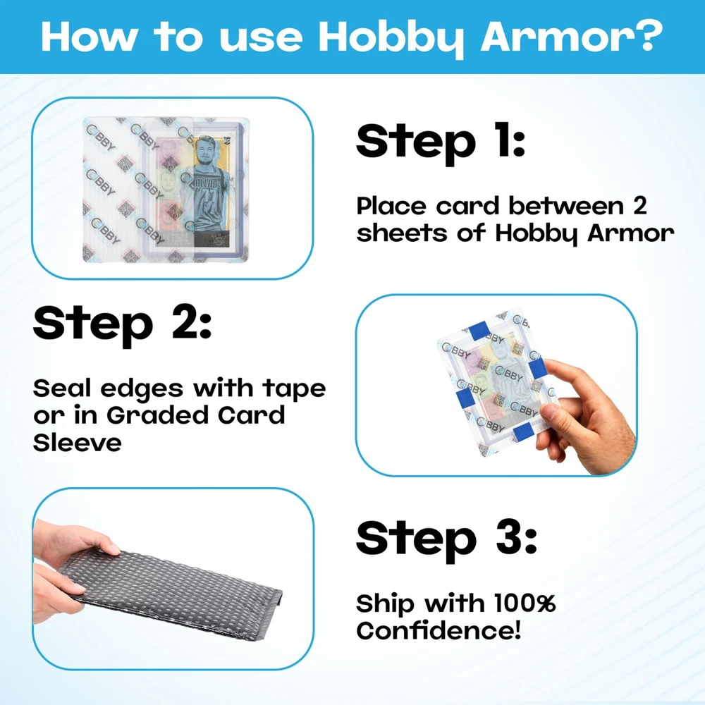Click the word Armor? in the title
coord(572,37)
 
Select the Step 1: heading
coord(441,142)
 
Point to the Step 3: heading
coord(446,539)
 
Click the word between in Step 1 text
coord(566,207)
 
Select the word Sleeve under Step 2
coord(78,443)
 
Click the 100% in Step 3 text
coord(525,603)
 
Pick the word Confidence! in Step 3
coord(439,630)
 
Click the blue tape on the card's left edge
coord(464,396)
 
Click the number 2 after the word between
coord(640,207)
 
